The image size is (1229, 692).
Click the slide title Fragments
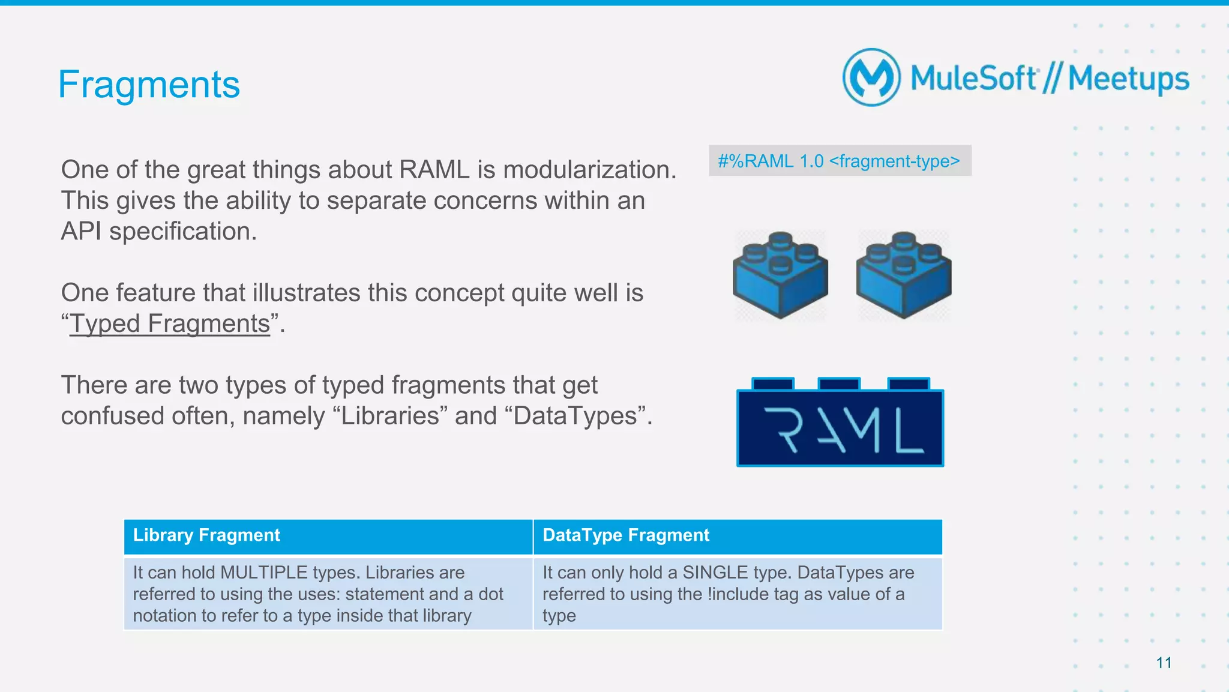(149, 85)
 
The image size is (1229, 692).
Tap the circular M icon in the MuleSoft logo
(871, 77)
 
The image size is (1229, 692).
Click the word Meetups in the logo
(1128, 79)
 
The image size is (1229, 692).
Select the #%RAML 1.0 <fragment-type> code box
(839, 161)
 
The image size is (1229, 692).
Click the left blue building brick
(780, 275)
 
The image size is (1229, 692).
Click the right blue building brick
(903, 275)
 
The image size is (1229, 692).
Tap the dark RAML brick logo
(840, 427)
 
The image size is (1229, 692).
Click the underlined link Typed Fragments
(170, 323)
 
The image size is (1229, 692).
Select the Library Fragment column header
(206, 535)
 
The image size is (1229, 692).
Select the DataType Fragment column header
(625, 535)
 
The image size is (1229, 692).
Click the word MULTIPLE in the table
(263, 573)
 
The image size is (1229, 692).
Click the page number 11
(1164, 663)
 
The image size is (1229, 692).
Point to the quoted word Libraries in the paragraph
(391, 416)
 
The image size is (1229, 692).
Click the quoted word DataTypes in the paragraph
(575, 416)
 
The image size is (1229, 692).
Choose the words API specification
(159, 232)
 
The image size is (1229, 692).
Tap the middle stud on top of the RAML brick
(838, 384)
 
